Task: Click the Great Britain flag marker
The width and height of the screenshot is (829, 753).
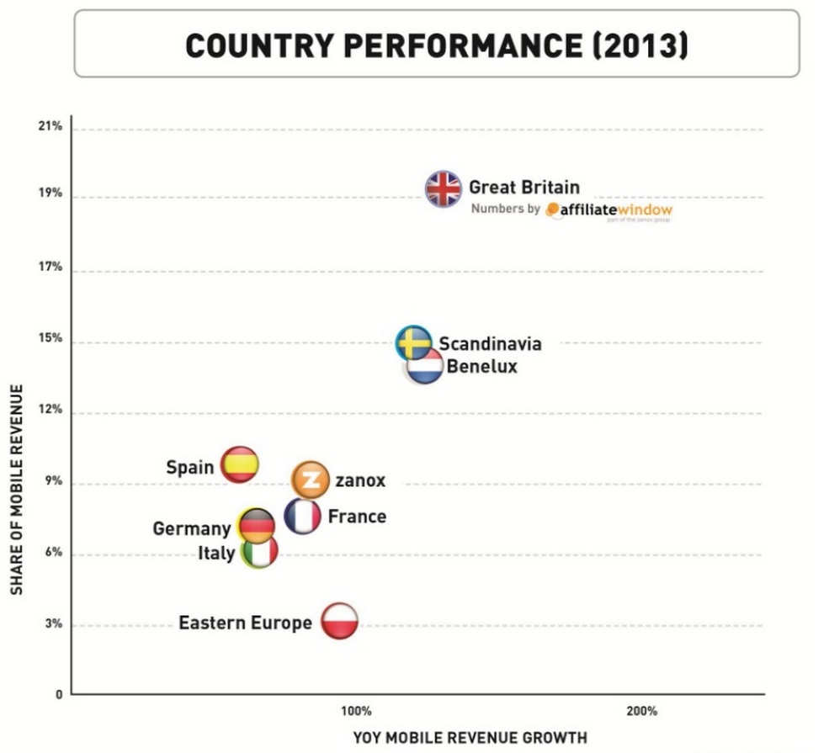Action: [x=444, y=188]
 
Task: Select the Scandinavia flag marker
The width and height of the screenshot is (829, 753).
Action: [x=414, y=342]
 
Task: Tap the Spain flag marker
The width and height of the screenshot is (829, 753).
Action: [x=239, y=464]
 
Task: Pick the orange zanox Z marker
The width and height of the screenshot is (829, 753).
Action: [x=310, y=480]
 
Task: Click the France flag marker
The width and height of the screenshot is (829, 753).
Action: [x=302, y=517]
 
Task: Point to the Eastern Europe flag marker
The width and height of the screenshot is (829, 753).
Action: [x=339, y=622]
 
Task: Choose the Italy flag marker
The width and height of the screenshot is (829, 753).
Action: [x=260, y=552]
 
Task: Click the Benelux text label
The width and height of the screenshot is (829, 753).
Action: [x=481, y=366]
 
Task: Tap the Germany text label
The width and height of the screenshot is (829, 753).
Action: [x=191, y=528]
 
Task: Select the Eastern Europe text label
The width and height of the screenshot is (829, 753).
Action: [x=245, y=623]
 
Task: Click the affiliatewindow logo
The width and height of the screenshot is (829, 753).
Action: [x=609, y=210]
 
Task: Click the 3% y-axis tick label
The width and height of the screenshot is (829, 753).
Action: [x=53, y=624]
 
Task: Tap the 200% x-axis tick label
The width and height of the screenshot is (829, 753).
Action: [x=641, y=711]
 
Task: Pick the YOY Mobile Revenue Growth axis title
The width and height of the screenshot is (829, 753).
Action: [x=470, y=738]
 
